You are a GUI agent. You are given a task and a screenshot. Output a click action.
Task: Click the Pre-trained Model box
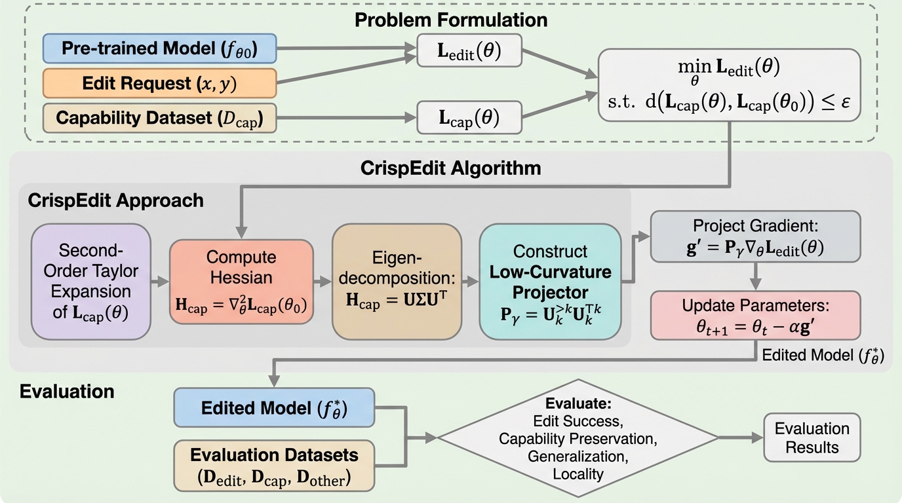click(x=160, y=48)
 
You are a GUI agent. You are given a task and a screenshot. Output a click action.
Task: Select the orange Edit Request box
click(x=160, y=83)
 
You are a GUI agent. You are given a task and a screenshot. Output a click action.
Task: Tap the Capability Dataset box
click(x=160, y=118)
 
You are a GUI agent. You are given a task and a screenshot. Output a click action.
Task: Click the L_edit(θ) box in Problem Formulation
click(x=469, y=51)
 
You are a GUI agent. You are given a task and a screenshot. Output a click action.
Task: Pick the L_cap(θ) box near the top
click(x=469, y=117)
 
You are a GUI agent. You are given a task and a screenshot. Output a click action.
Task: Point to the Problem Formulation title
click(x=451, y=19)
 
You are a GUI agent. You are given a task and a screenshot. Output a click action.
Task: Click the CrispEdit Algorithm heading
click(x=451, y=168)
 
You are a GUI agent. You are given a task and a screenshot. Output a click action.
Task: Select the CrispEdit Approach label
click(x=115, y=200)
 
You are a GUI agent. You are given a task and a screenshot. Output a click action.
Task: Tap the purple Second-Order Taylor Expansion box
click(x=90, y=282)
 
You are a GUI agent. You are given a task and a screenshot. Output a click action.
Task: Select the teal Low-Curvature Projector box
click(x=549, y=282)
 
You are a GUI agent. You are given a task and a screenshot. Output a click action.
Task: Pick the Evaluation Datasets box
click(x=274, y=466)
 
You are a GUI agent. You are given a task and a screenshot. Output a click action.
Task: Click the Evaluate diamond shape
click(x=577, y=438)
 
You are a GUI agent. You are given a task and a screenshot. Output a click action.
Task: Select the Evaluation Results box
click(x=812, y=438)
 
